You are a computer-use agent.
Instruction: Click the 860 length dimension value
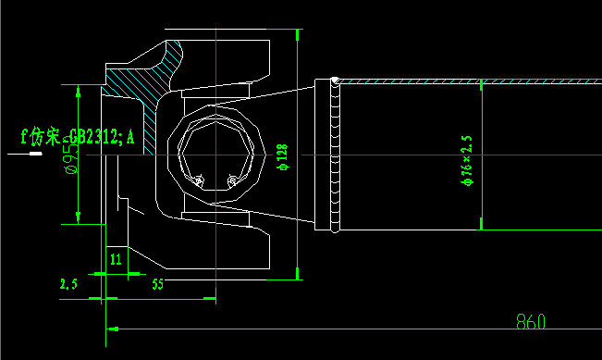click(531, 322)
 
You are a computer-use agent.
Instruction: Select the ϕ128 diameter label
click(282, 157)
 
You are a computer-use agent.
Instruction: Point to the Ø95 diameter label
click(68, 157)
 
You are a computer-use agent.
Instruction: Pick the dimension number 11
click(116, 258)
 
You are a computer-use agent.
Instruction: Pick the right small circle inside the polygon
click(231, 180)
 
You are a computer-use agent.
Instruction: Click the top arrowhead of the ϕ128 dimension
click(297, 36)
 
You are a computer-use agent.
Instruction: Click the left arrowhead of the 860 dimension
click(113, 327)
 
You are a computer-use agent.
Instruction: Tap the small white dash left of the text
click(34, 155)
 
